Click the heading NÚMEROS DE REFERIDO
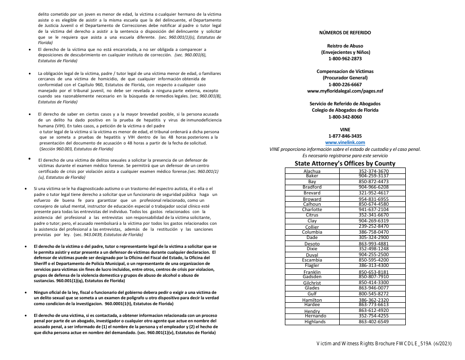(345, 33)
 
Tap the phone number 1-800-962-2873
(345, 58)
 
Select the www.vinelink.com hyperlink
(345, 142)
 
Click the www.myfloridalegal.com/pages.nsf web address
(345, 91)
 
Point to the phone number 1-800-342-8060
(345, 117)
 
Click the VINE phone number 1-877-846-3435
(345, 136)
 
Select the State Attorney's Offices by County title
(345, 163)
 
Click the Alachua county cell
(312, 171)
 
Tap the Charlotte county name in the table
(312, 210)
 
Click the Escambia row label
(312, 260)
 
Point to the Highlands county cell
(315, 322)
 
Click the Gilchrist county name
(312, 283)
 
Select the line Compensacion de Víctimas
(345, 72)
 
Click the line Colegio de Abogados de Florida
(345, 110)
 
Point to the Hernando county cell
(315, 316)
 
